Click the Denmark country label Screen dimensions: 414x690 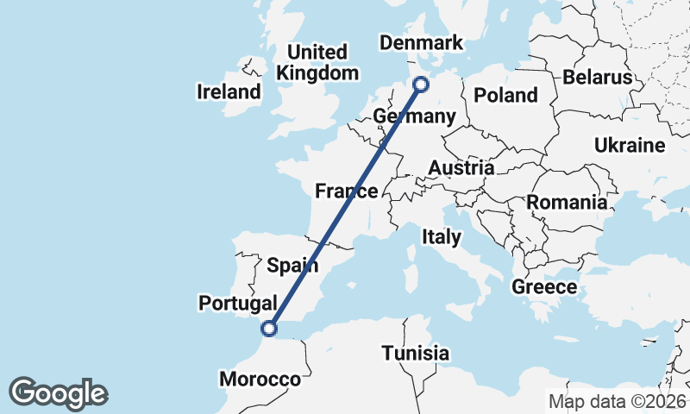[422, 43]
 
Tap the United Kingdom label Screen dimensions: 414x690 [317, 62]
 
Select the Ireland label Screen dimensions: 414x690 [229, 91]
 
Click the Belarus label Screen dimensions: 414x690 [598, 77]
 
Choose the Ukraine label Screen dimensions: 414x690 [630, 145]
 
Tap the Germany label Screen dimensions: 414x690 [414, 116]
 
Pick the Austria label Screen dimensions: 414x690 [461, 167]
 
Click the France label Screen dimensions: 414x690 [346, 191]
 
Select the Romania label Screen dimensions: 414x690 [567, 203]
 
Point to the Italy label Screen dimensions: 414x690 [441, 235]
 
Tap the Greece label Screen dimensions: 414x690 [544, 286]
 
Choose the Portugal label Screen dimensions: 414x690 [237, 303]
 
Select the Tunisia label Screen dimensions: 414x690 [416, 353]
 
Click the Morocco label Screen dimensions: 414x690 [260, 379]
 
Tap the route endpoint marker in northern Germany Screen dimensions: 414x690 [421, 84]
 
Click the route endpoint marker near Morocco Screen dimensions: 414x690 [269, 328]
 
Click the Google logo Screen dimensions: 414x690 [58, 393]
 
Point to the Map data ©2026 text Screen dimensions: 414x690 [618, 401]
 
